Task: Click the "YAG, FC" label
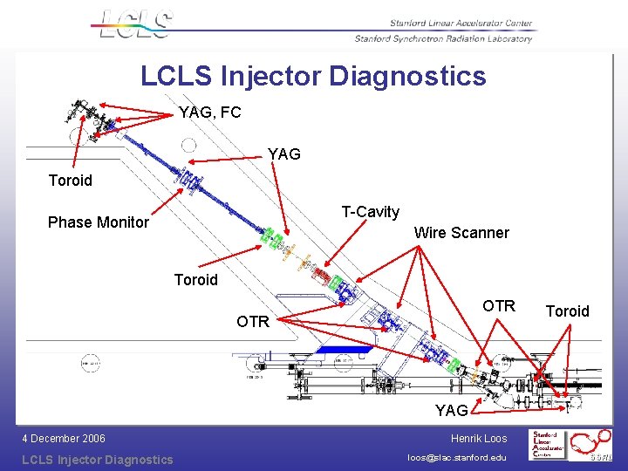209,113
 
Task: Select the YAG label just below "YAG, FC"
284,154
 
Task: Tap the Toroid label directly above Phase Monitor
70,181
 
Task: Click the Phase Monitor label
99,222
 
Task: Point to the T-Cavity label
371,212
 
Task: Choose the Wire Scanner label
461,233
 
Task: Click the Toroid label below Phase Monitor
196,280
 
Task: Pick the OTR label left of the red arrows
253,322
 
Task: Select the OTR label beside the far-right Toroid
499,306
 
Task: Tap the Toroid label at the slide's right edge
568,311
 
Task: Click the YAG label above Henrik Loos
452,410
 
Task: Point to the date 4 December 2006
64,439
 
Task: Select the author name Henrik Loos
479,439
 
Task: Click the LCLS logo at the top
135,24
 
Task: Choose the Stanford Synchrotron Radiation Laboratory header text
443,38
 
